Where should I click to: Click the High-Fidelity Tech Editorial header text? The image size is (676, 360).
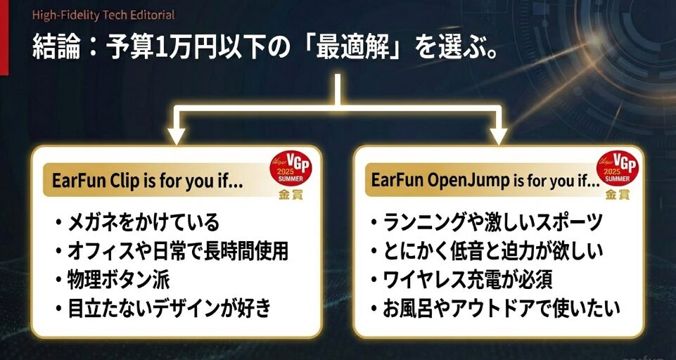[103, 14]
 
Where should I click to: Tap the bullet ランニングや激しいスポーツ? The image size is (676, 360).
[492, 223]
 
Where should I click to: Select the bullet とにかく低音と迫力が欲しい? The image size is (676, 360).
[492, 251]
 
